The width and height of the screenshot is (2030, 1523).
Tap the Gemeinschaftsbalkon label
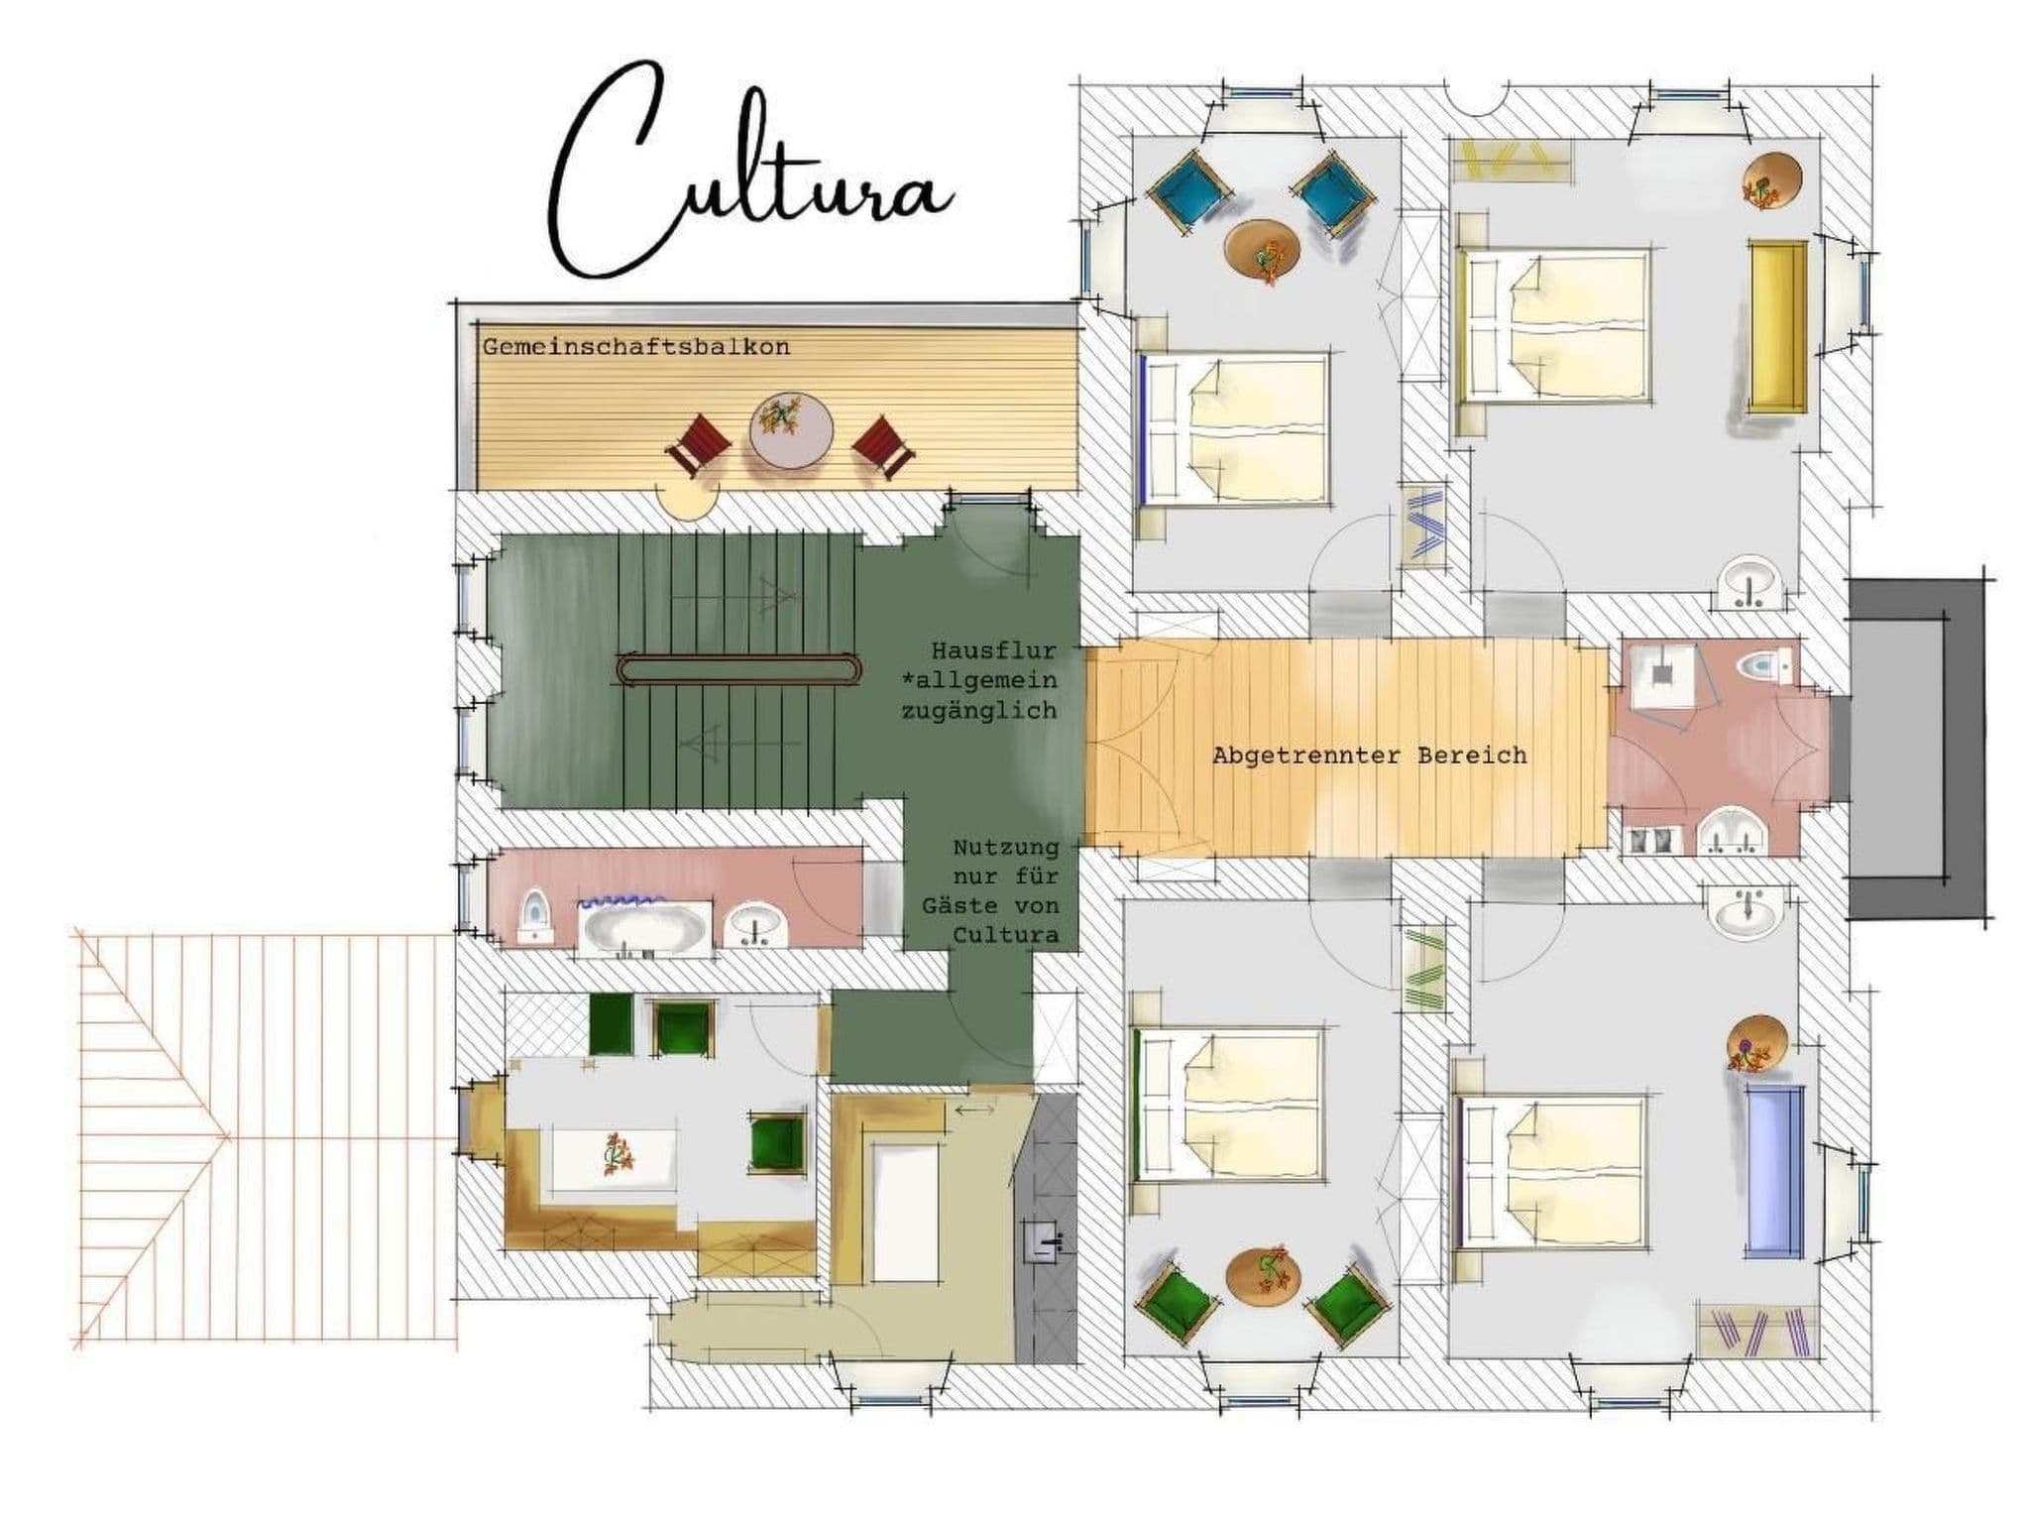tap(636, 347)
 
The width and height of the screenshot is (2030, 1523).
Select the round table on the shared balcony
tap(790, 429)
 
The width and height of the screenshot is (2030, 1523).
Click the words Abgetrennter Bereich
tap(1370, 756)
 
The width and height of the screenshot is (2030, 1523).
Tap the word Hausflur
tap(993, 651)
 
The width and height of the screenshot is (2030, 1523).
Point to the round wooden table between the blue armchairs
tap(1262, 250)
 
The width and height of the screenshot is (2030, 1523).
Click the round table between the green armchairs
tap(1262, 1277)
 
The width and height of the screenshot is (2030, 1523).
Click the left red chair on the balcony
tap(699, 447)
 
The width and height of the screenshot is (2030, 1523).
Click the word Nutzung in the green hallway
tap(1005, 848)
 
